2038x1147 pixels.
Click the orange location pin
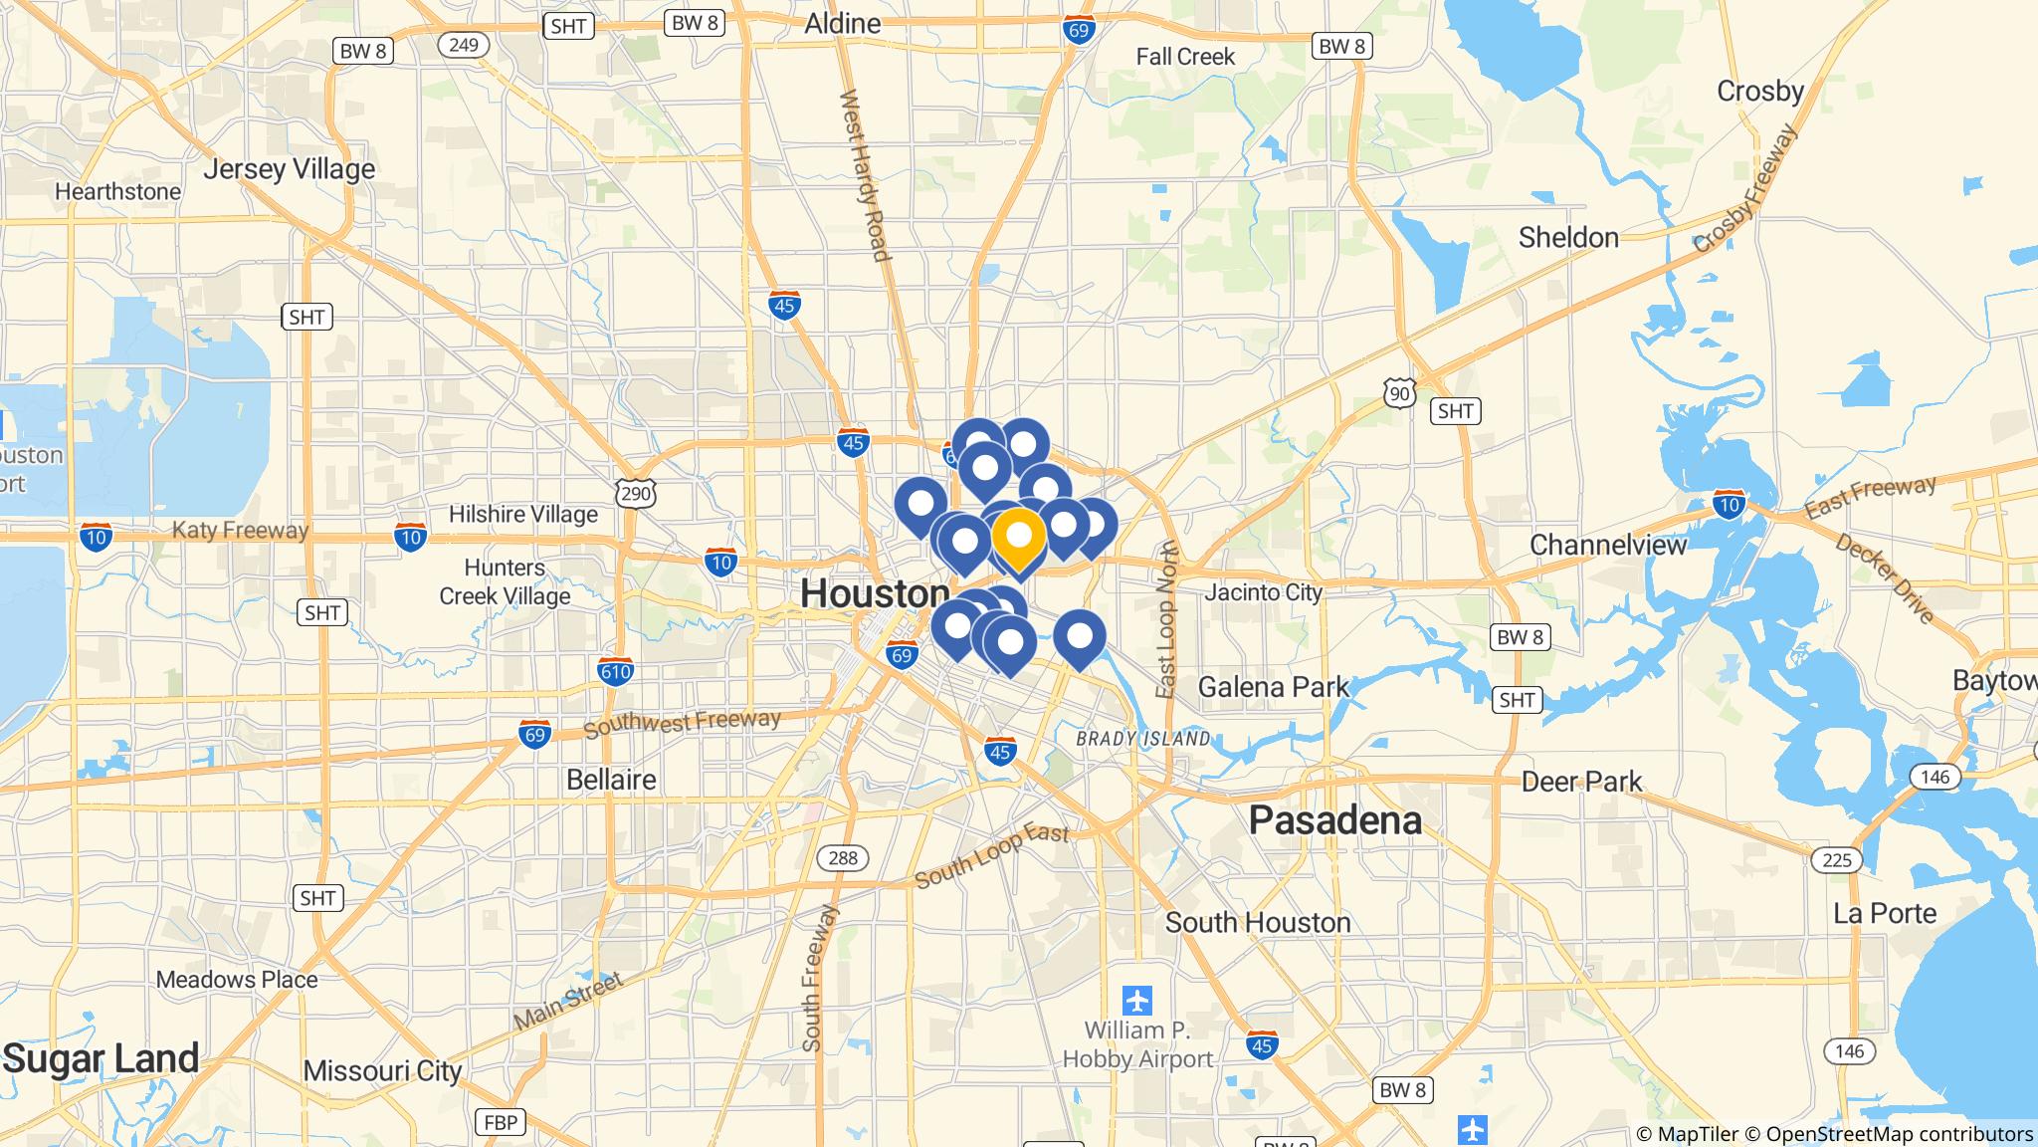coord(1018,537)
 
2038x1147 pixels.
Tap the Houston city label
coord(875,593)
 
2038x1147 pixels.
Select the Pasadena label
coord(1334,820)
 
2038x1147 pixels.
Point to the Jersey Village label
coord(289,169)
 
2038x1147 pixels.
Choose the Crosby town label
coord(1759,92)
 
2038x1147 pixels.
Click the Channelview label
coord(1608,545)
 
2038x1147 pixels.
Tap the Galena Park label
coord(1273,686)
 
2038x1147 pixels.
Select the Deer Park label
coord(1581,782)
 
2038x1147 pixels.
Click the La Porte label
coord(1885,913)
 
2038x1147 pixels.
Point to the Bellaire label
coord(611,780)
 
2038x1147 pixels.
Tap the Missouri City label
coord(382,1071)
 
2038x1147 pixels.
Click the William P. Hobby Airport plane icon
coord(1136,999)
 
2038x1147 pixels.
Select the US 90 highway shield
coord(1399,393)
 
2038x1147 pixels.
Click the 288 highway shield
coord(843,858)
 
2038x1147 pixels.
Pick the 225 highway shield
coord(1836,858)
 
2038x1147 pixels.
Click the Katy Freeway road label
coord(240,530)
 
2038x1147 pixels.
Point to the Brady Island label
coord(1143,739)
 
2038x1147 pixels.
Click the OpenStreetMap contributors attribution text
coord(1900,1133)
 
